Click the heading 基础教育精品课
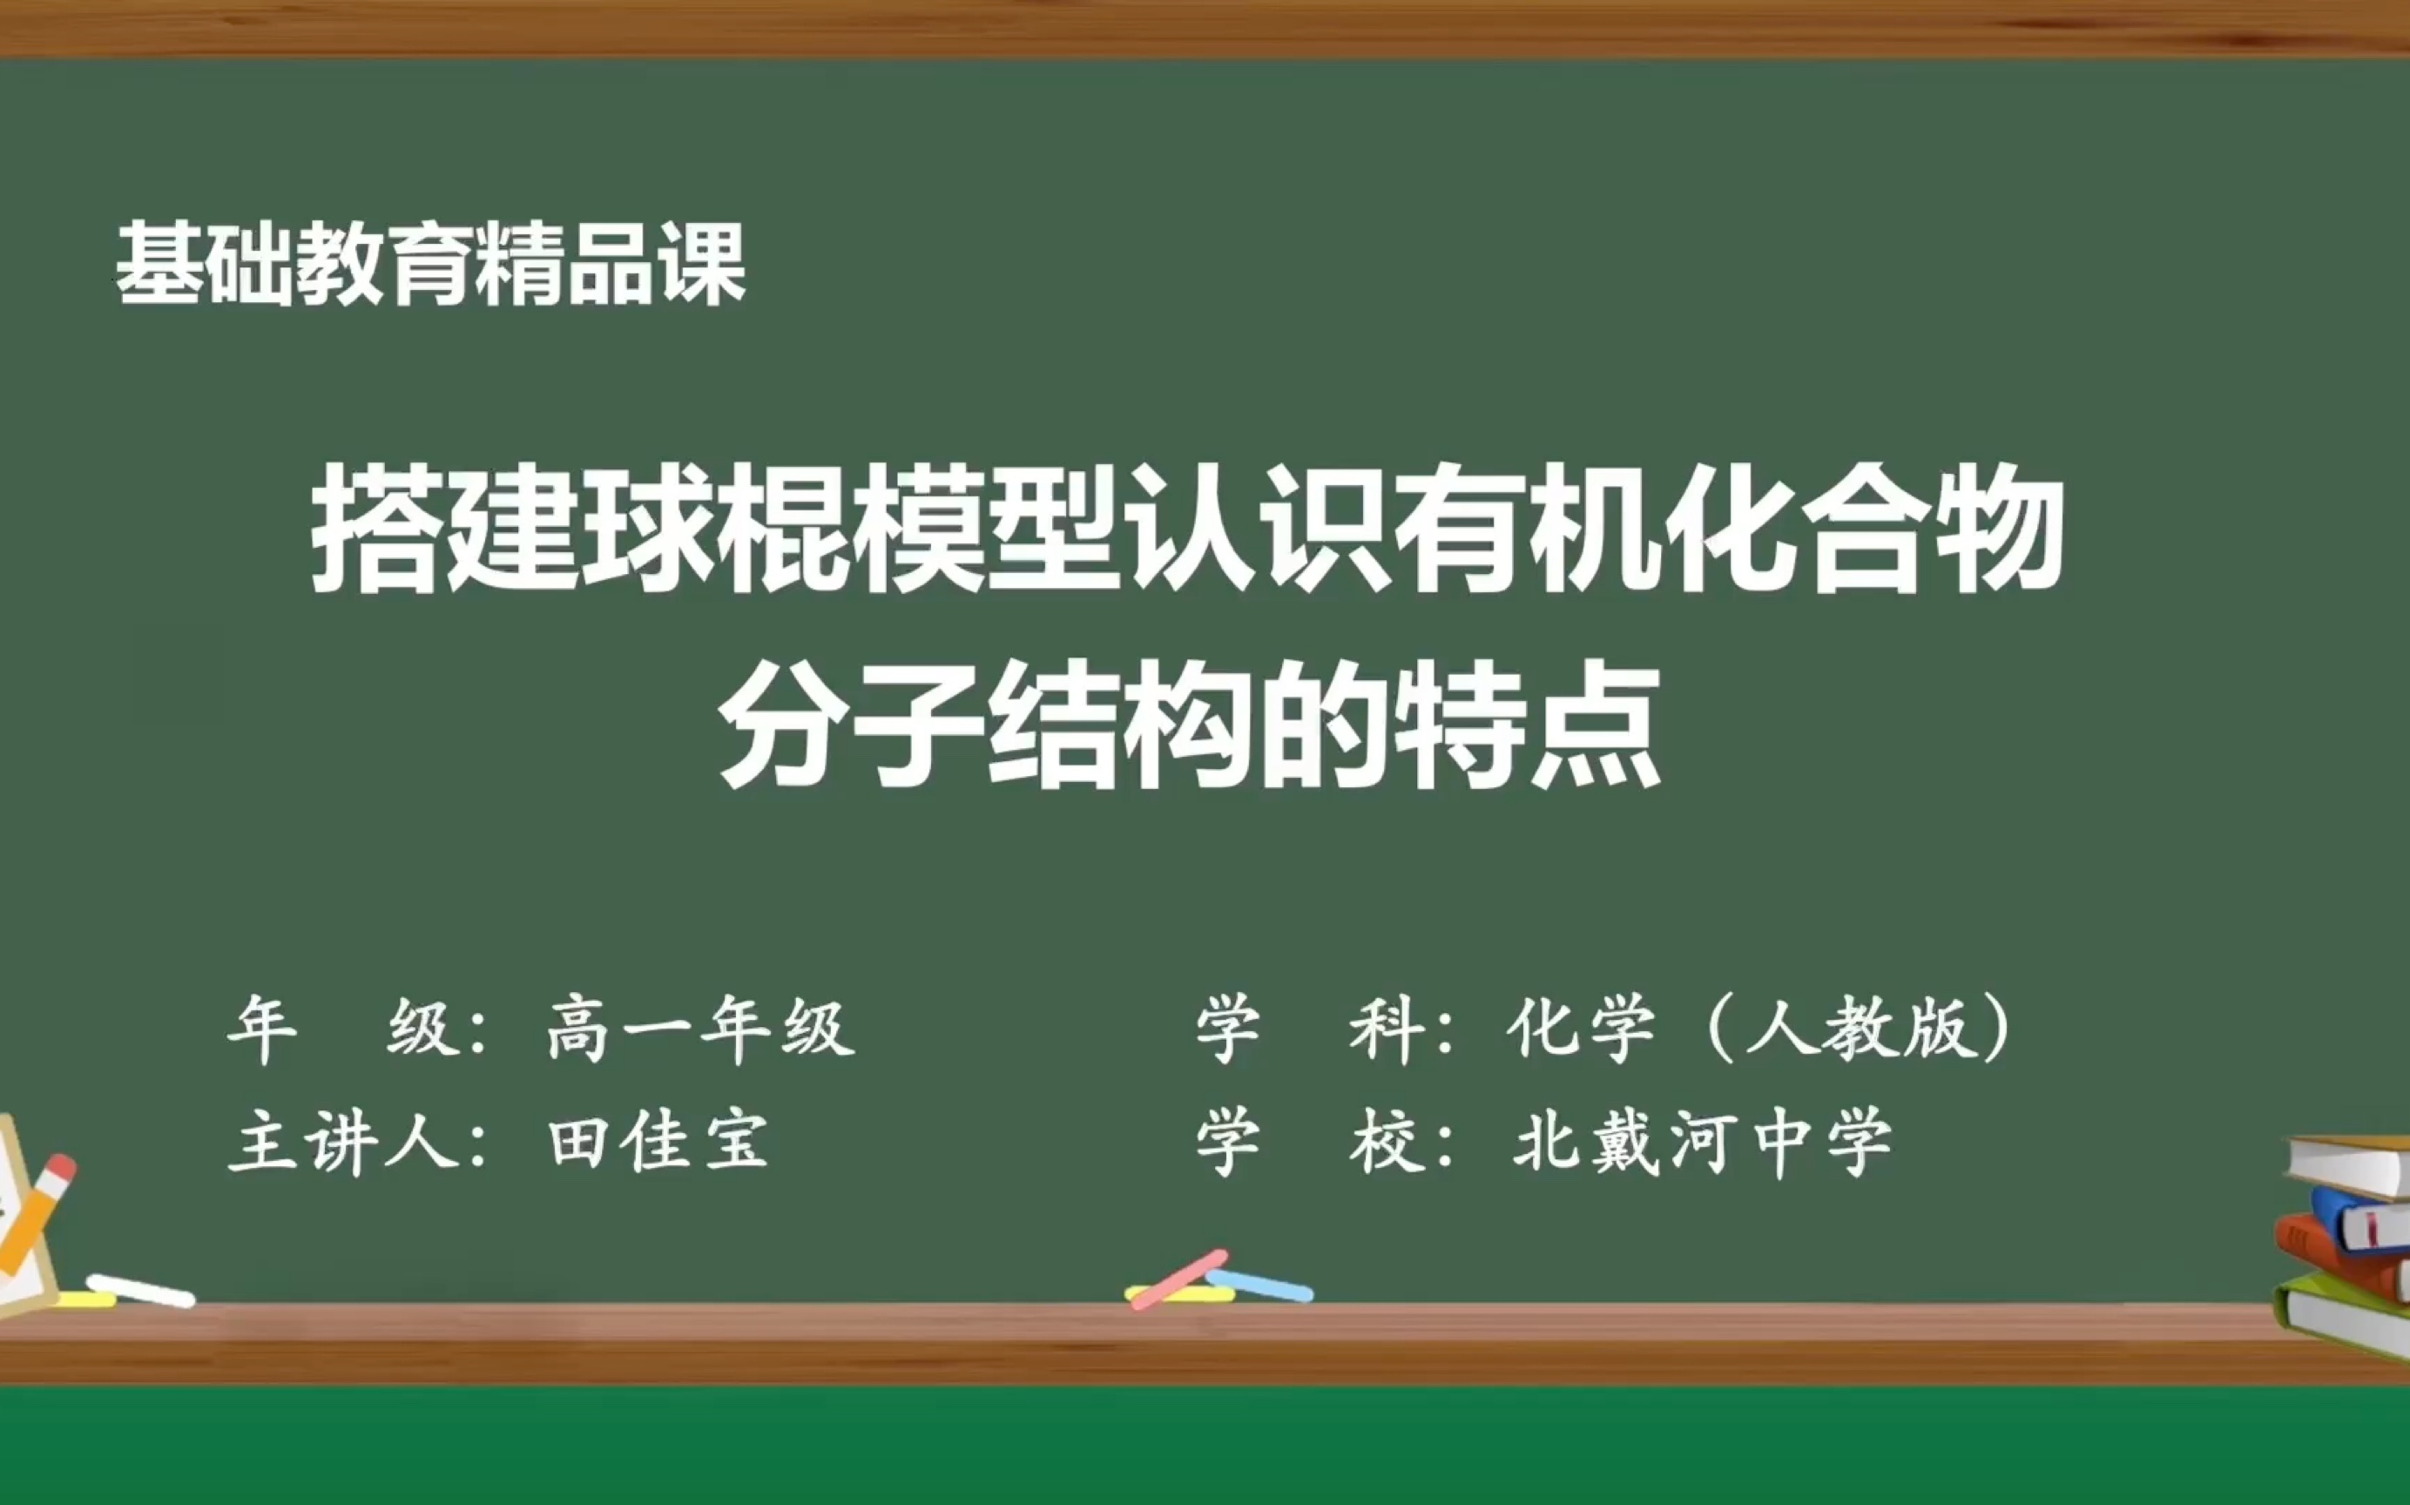(x=430, y=264)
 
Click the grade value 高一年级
(x=699, y=1029)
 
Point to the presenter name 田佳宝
(x=658, y=1142)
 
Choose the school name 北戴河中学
(x=1701, y=1142)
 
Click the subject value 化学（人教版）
(x=1758, y=1029)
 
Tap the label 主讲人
(x=344, y=1142)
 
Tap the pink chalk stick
(x=1179, y=1279)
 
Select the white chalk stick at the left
(x=140, y=1290)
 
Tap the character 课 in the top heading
(x=703, y=264)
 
